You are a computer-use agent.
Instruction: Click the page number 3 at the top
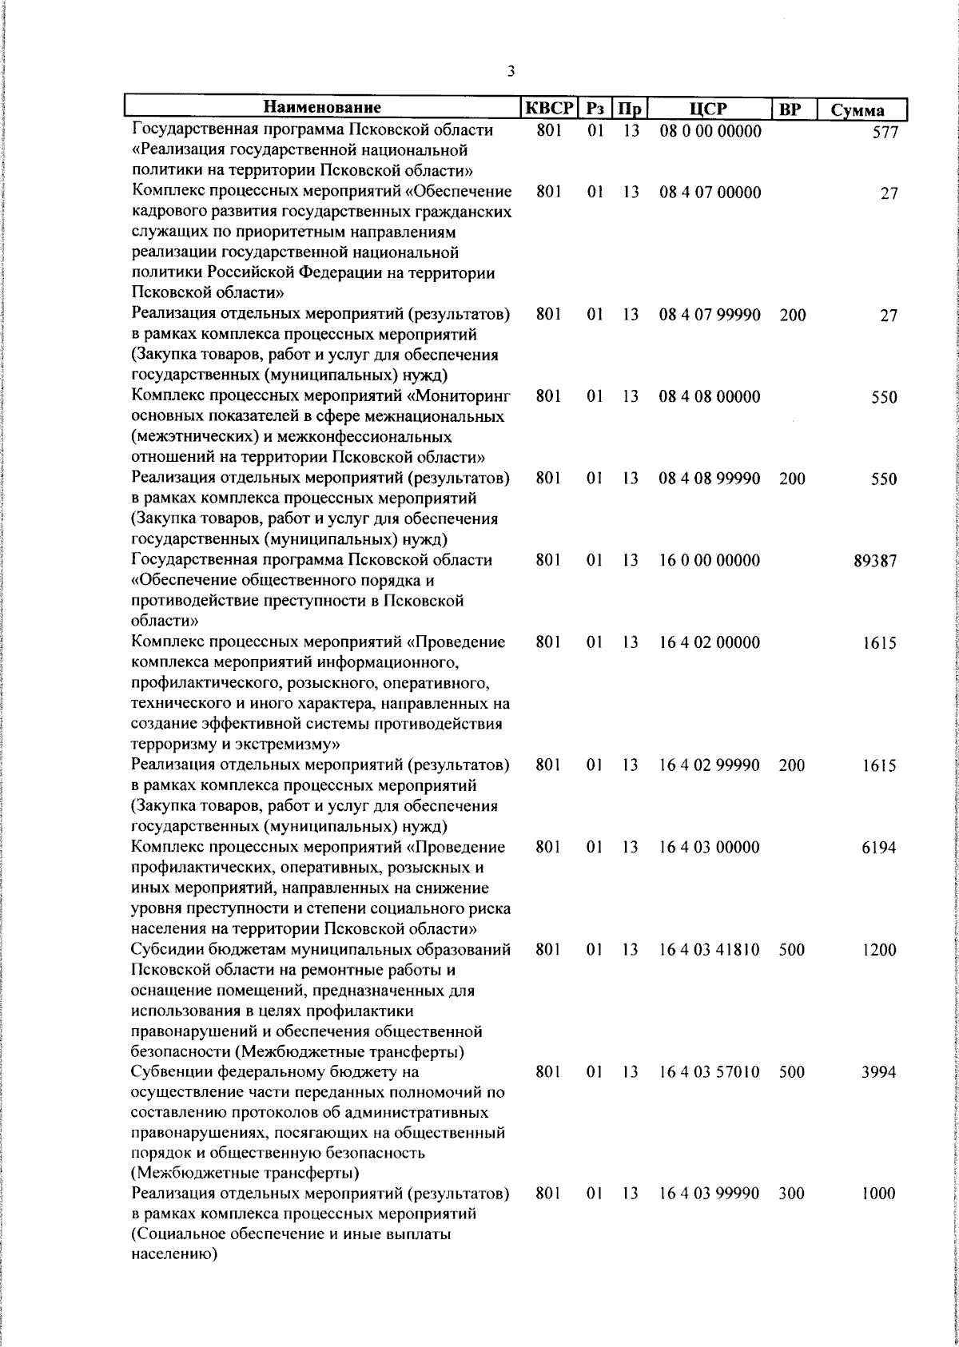(511, 72)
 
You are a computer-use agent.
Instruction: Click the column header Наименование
(323, 108)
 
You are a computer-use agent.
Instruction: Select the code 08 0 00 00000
(710, 131)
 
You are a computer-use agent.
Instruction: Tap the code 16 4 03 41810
(710, 950)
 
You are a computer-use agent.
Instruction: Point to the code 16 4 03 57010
(710, 1072)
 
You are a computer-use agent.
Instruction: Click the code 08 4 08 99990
(710, 479)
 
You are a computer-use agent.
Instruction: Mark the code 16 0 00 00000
(710, 561)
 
